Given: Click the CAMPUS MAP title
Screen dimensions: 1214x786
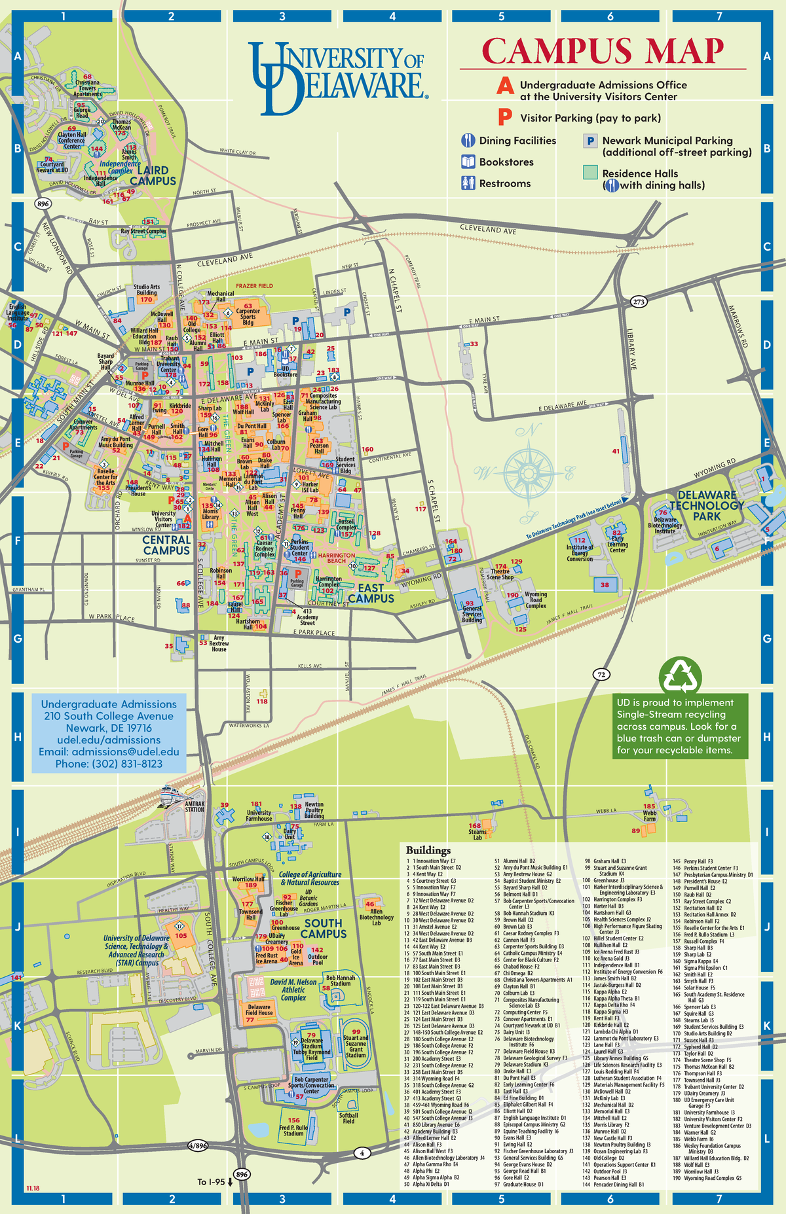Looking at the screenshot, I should (x=603, y=51).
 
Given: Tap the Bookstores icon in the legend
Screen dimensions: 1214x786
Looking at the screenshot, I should (x=468, y=162).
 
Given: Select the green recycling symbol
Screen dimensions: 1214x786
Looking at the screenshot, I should (x=681, y=675).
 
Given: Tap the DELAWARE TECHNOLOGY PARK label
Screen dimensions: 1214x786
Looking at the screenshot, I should (x=707, y=505).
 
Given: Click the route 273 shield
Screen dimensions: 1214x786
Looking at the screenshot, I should (x=639, y=302).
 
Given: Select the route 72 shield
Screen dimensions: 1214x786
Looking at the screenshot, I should (x=601, y=674).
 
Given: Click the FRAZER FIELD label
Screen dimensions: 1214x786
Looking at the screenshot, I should (x=254, y=286).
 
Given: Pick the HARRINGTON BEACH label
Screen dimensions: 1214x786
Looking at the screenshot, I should (x=337, y=558).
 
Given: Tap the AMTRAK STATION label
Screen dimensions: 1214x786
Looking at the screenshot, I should (x=195, y=806).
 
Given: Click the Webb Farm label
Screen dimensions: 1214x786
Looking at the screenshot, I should (x=649, y=815).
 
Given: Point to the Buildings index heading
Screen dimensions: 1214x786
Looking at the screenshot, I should (x=428, y=850).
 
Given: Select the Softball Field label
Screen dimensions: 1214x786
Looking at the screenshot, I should (x=348, y=1118).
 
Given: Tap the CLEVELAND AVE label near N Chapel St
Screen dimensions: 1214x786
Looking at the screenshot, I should (x=487, y=229).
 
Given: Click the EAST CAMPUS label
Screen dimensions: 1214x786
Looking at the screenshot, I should (x=371, y=593).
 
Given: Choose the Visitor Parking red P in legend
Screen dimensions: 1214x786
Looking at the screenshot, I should (x=504, y=117).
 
